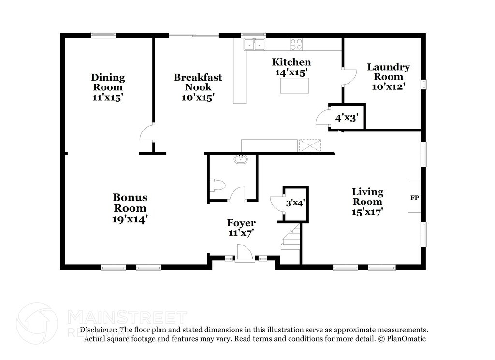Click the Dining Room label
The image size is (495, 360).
[x=108, y=82]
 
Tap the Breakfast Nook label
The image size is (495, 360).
[x=198, y=82]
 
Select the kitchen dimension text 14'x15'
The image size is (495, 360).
[x=291, y=72]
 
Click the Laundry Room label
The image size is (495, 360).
[x=389, y=72]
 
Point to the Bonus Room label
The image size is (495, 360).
[x=130, y=202]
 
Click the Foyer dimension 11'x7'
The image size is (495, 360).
[x=241, y=233]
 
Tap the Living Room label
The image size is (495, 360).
[x=367, y=197]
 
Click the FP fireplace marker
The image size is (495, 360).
[x=414, y=198]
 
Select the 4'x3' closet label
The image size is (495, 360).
[x=346, y=118]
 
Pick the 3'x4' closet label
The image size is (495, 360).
[x=295, y=202]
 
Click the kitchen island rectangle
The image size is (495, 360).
[x=294, y=86]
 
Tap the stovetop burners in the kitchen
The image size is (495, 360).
[x=296, y=44]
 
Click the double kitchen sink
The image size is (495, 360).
[x=254, y=44]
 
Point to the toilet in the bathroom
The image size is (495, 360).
[x=217, y=185]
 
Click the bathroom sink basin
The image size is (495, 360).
[x=241, y=159]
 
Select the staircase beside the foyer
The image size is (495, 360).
[x=291, y=237]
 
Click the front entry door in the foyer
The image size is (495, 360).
[x=244, y=254]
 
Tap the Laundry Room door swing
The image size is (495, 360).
[x=350, y=77]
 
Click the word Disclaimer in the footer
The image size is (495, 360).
[x=98, y=330]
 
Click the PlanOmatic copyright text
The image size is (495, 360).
[x=402, y=339]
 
